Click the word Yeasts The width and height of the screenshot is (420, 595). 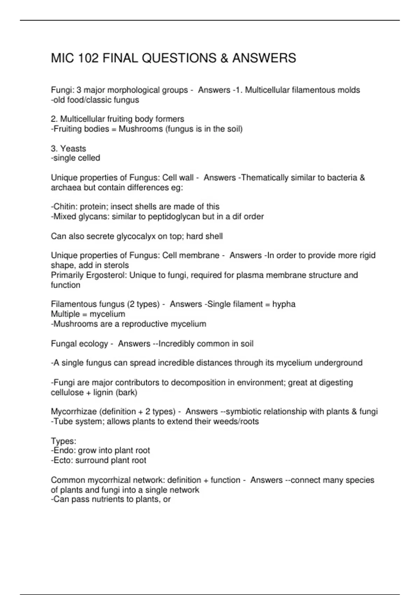[73, 148]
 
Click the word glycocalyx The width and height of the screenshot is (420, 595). [136, 236]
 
